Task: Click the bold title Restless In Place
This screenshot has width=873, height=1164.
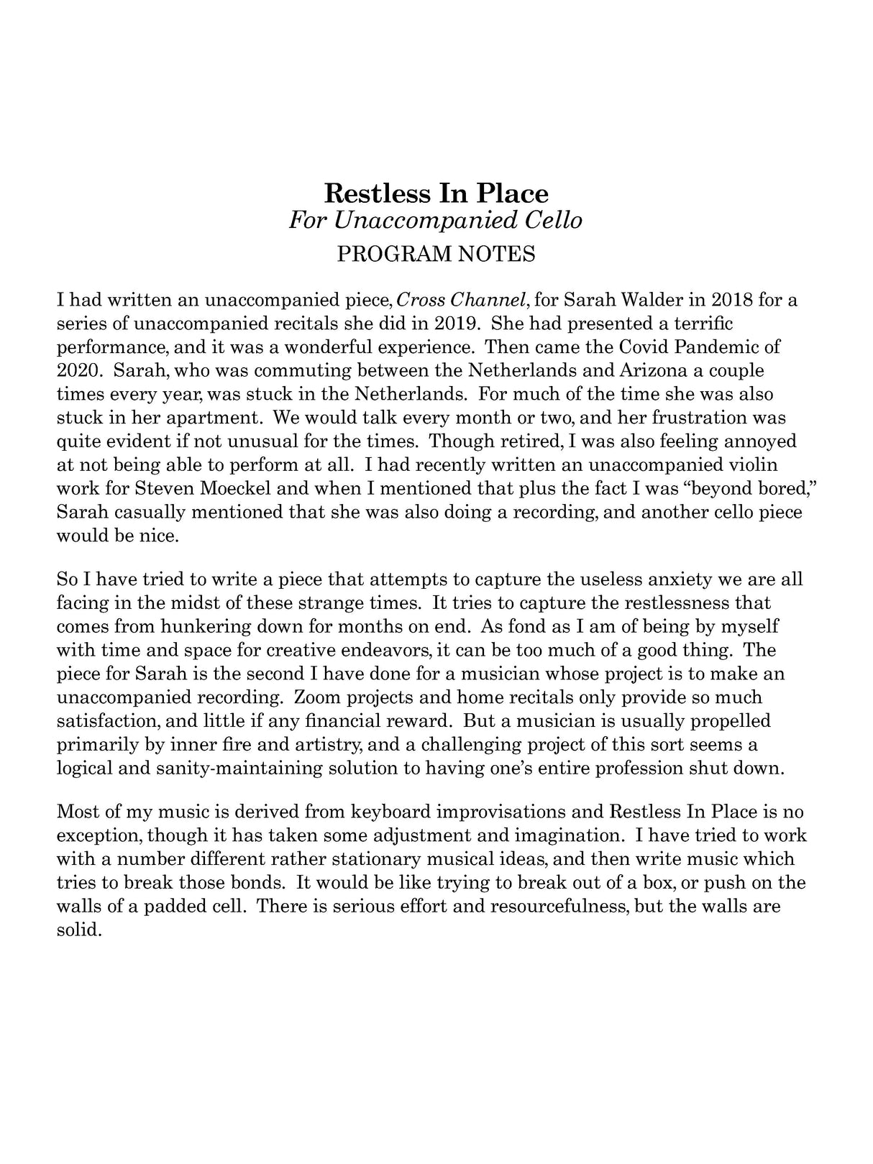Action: [x=436, y=193]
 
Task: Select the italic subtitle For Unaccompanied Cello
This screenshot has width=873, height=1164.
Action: [x=436, y=220]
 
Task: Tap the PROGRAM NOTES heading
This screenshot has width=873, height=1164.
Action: [x=436, y=255]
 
